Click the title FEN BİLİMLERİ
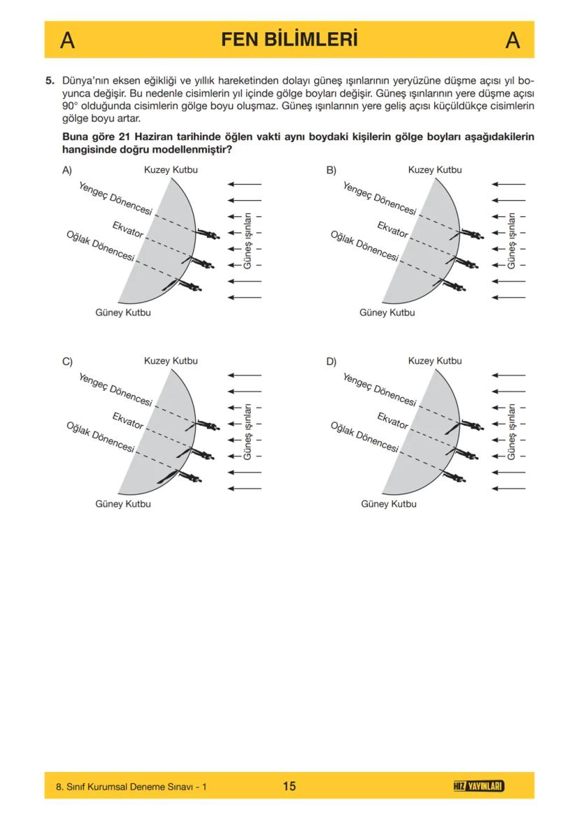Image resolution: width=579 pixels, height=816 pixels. coord(289,40)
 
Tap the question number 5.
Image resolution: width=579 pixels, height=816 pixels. coord(50,80)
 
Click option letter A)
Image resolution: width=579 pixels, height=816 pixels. coord(67,170)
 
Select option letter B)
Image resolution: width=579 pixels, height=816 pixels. coord(331,170)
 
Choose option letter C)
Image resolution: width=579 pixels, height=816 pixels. coord(67,362)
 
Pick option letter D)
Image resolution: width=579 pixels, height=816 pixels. coord(331,362)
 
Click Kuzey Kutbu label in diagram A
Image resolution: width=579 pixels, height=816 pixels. coord(171,170)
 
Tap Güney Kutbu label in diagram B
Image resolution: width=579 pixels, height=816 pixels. coord(387,313)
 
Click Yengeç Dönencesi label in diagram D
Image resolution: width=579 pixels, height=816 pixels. coord(379,389)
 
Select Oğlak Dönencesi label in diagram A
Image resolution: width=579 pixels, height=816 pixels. coord(99,245)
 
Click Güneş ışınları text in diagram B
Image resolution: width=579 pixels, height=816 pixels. coord(511,241)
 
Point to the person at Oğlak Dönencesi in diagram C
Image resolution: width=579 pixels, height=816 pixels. coord(189,477)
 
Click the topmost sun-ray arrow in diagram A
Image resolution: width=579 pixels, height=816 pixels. coord(245,184)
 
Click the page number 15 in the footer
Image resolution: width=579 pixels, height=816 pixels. coord(289,786)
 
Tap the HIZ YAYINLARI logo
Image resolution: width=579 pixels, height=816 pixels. coord(479,786)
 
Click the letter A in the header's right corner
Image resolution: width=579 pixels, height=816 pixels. coord(513,41)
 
